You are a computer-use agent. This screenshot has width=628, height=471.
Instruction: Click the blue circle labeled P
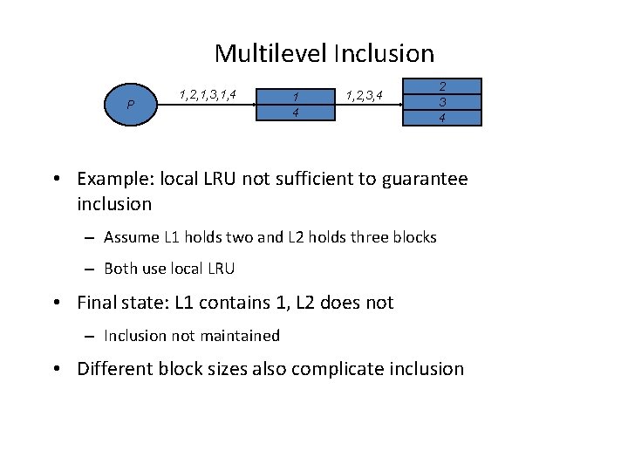pyautogui.click(x=130, y=105)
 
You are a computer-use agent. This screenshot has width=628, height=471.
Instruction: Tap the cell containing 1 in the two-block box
pyautogui.click(x=296, y=96)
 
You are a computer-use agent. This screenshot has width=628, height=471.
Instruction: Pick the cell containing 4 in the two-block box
pyautogui.click(x=296, y=113)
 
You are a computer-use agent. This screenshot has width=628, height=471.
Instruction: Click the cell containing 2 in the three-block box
pyautogui.click(x=442, y=86)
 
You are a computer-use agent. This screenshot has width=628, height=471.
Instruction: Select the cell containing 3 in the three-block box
pyautogui.click(x=442, y=102)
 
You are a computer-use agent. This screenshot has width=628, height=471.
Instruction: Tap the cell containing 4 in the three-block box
pyautogui.click(x=442, y=118)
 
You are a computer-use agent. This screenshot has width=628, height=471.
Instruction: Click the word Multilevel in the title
pyautogui.click(x=270, y=54)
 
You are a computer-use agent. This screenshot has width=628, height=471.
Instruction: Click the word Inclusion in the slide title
pyautogui.click(x=383, y=54)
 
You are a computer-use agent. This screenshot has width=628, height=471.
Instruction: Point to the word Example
pyautogui.click(x=113, y=180)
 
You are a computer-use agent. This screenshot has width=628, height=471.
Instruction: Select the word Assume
pyautogui.click(x=128, y=237)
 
